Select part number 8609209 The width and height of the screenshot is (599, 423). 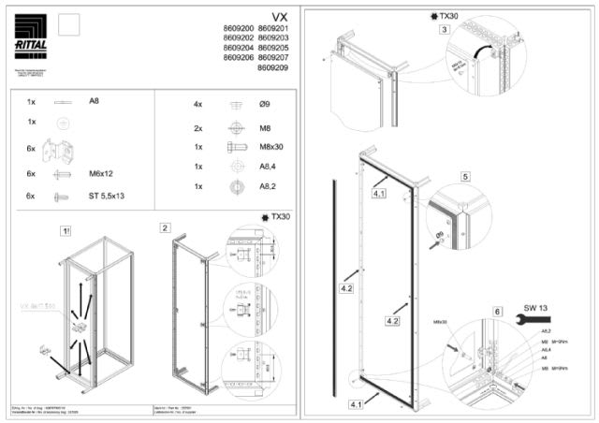tap(273, 68)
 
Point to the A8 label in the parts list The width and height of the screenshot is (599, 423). tap(95, 100)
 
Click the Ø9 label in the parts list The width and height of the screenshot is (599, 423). tap(266, 105)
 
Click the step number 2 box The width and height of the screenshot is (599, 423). tap(165, 227)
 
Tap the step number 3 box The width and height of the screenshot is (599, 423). tap(444, 30)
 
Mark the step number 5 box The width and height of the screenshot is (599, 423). tap(465, 176)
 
